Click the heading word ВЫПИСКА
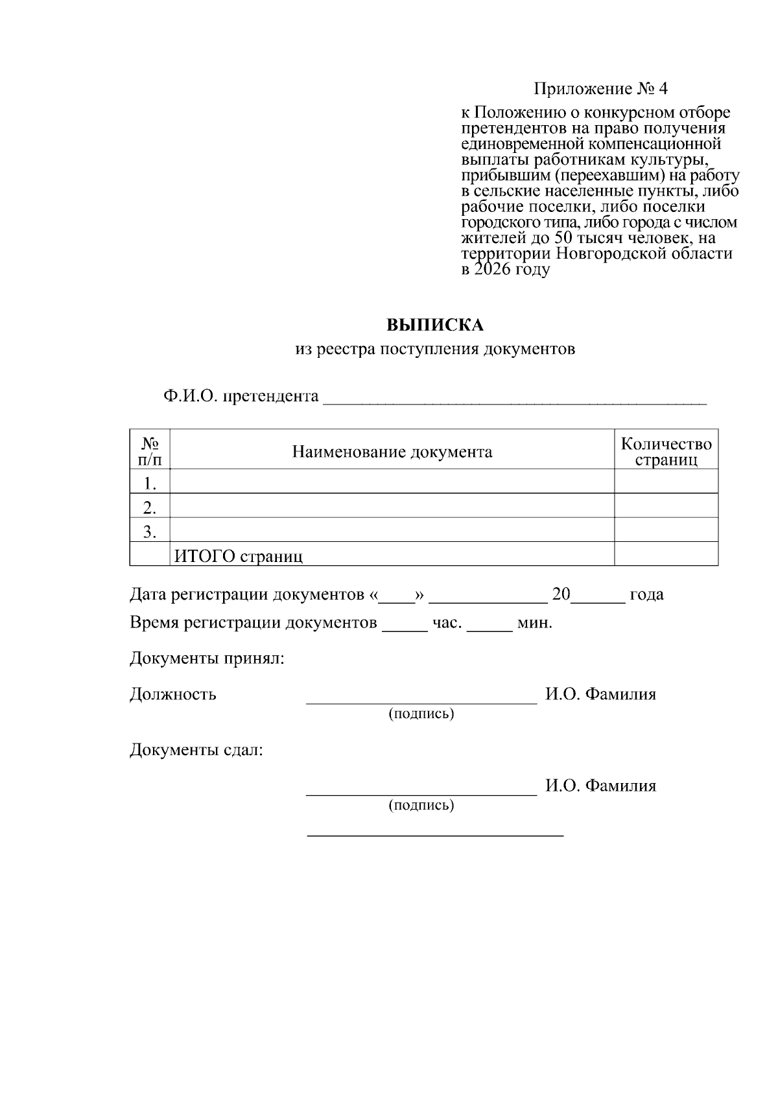pyautogui.click(x=435, y=324)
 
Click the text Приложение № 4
pyautogui.click(x=600, y=88)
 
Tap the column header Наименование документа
pyautogui.click(x=392, y=452)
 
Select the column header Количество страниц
pyautogui.click(x=666, y=452)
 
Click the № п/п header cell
pyautogui.click(x=150, y=452)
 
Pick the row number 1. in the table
pyautogui.click(x=150, y=483)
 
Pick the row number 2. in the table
pyautogui.click(x=150, y=507)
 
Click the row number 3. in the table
pyautogui.click(x=150, y=532)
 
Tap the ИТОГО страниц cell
pyautogui.click(x=238, y=556)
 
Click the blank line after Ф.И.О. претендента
pyautogui.click(x=514, y=398)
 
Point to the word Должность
pyautogui.click(x=173, y=694)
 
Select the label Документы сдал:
pyautogui.click(x=196, y=751)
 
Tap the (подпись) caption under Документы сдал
pyautogui.click(x=421, y=806)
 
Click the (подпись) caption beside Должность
pyautogui.click(x=421, y=714)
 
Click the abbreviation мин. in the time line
pyautogui.click(x=534, y=624)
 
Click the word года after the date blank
pyautogui.click(x=646, y=594)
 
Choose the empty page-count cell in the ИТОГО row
pyautogui.click(x=666, y=554)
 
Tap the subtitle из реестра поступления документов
pyautogui.click(x=435, y=349)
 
